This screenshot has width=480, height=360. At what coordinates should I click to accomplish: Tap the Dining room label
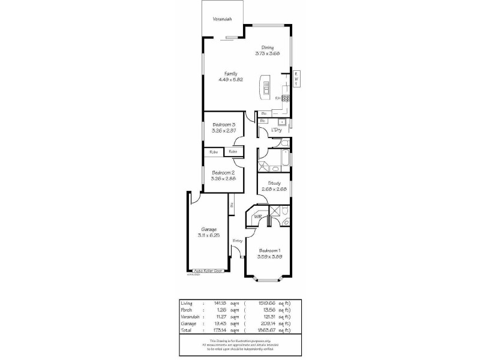click(x=267, y=48)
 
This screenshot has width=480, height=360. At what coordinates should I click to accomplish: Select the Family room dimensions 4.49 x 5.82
click(x=231, y=79)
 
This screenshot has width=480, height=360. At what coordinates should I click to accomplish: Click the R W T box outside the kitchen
click(x=296, y=79)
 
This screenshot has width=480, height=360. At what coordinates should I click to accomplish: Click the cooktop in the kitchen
click(x=286, y=98)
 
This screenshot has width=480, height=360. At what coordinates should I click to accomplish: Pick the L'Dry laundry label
click(x=276, y=130)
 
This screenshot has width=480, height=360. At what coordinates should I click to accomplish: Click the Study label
click(x=274, y=184)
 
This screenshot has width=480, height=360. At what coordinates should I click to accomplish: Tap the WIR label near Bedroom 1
click(x=258, y=216)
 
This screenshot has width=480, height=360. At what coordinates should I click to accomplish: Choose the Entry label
click(x=238, y=241)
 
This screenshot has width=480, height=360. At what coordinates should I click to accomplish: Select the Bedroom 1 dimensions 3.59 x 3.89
click(x=269, y=256)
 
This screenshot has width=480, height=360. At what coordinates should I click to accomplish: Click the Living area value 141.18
click(x=219, y=304)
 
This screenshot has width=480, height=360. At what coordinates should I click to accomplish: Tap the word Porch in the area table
click(x=187, y=310)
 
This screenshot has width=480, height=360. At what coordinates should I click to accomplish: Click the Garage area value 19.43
click(x=219, y=323)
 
